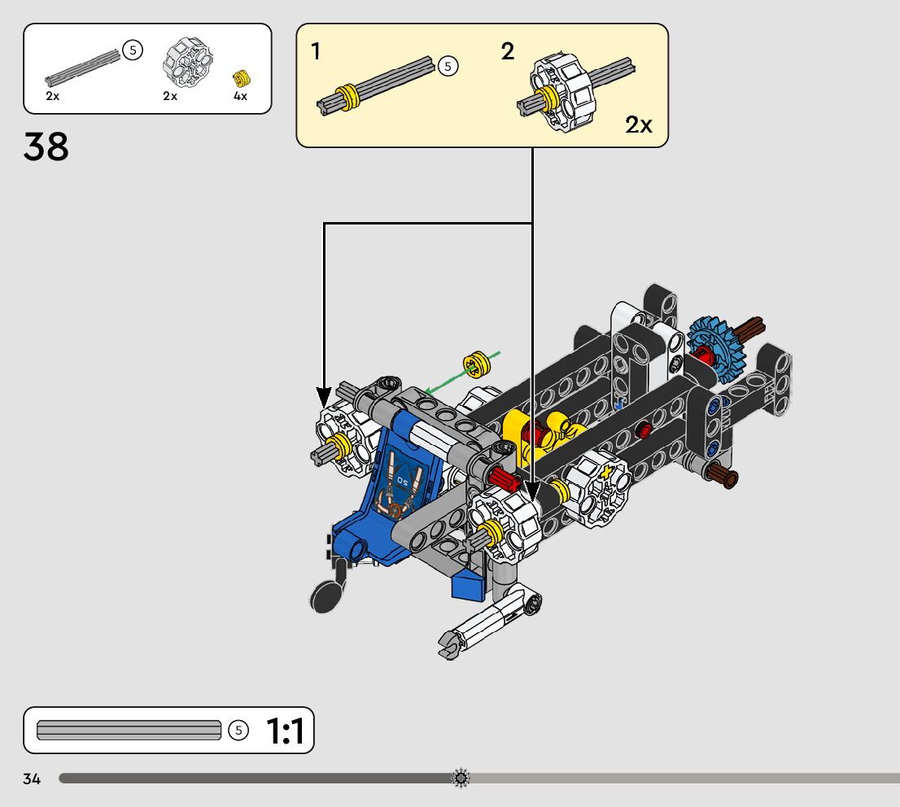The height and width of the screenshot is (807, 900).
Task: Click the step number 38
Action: pos(46,146)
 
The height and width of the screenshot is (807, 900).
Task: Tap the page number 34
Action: pos(32,779)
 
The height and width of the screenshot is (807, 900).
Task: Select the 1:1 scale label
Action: pos(286,731)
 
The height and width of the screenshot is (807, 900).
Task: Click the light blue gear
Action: pos(716,349)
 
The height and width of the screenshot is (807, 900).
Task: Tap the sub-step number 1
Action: pos(315,51)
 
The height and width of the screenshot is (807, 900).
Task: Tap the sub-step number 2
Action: pos(508,51)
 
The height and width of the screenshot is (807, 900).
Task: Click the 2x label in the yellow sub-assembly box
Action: pos(638,124)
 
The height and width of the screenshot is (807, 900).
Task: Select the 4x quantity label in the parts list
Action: pos(240,96)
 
